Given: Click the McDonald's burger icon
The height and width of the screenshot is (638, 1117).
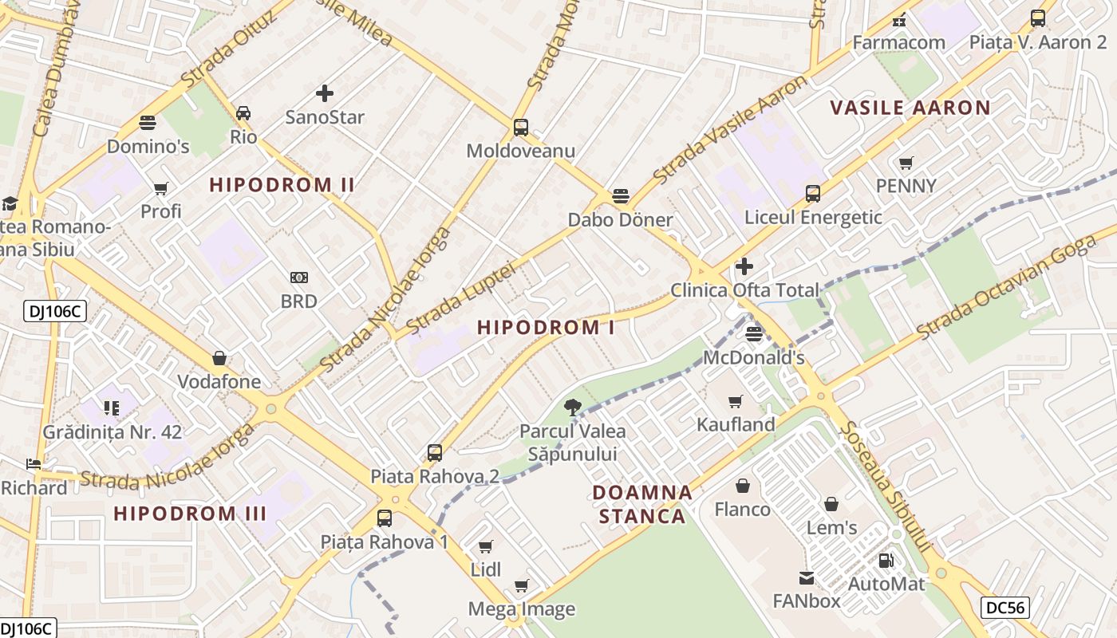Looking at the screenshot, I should point(753,333).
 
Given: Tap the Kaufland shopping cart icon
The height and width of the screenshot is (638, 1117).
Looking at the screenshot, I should point(736,401).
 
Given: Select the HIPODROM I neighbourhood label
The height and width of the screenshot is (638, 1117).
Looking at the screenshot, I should point(546,327).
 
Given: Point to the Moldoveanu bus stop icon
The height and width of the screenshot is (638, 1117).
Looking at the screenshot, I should point(521,127).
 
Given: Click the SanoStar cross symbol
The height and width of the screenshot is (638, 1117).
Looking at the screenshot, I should point(325,93).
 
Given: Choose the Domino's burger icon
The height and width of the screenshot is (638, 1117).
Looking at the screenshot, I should point(148,122).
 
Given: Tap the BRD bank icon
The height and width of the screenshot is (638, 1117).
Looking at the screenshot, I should point(299,278).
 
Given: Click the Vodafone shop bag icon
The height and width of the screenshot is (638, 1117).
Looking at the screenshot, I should point(219,358).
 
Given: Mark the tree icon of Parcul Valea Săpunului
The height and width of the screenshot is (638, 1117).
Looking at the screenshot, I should point(572,408).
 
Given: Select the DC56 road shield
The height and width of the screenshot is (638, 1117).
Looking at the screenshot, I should point(1005,608).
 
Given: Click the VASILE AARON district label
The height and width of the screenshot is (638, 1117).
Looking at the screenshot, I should point(910,108).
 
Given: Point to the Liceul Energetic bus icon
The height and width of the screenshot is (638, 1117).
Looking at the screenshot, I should point(813,193).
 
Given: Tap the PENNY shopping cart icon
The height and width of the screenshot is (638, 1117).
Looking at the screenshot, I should point(906,163).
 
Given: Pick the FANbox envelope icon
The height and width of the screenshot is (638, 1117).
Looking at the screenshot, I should point(807,577).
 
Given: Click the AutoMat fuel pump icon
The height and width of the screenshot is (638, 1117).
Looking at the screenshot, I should point(886,561).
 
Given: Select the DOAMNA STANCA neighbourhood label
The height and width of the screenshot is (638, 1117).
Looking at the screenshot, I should point(642,504).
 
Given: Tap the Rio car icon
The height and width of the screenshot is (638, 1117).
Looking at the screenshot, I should point(243,113).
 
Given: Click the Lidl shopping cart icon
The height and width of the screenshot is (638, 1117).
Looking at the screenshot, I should point(486,546).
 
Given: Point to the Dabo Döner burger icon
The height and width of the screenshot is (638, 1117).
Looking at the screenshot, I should point(621,196).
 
